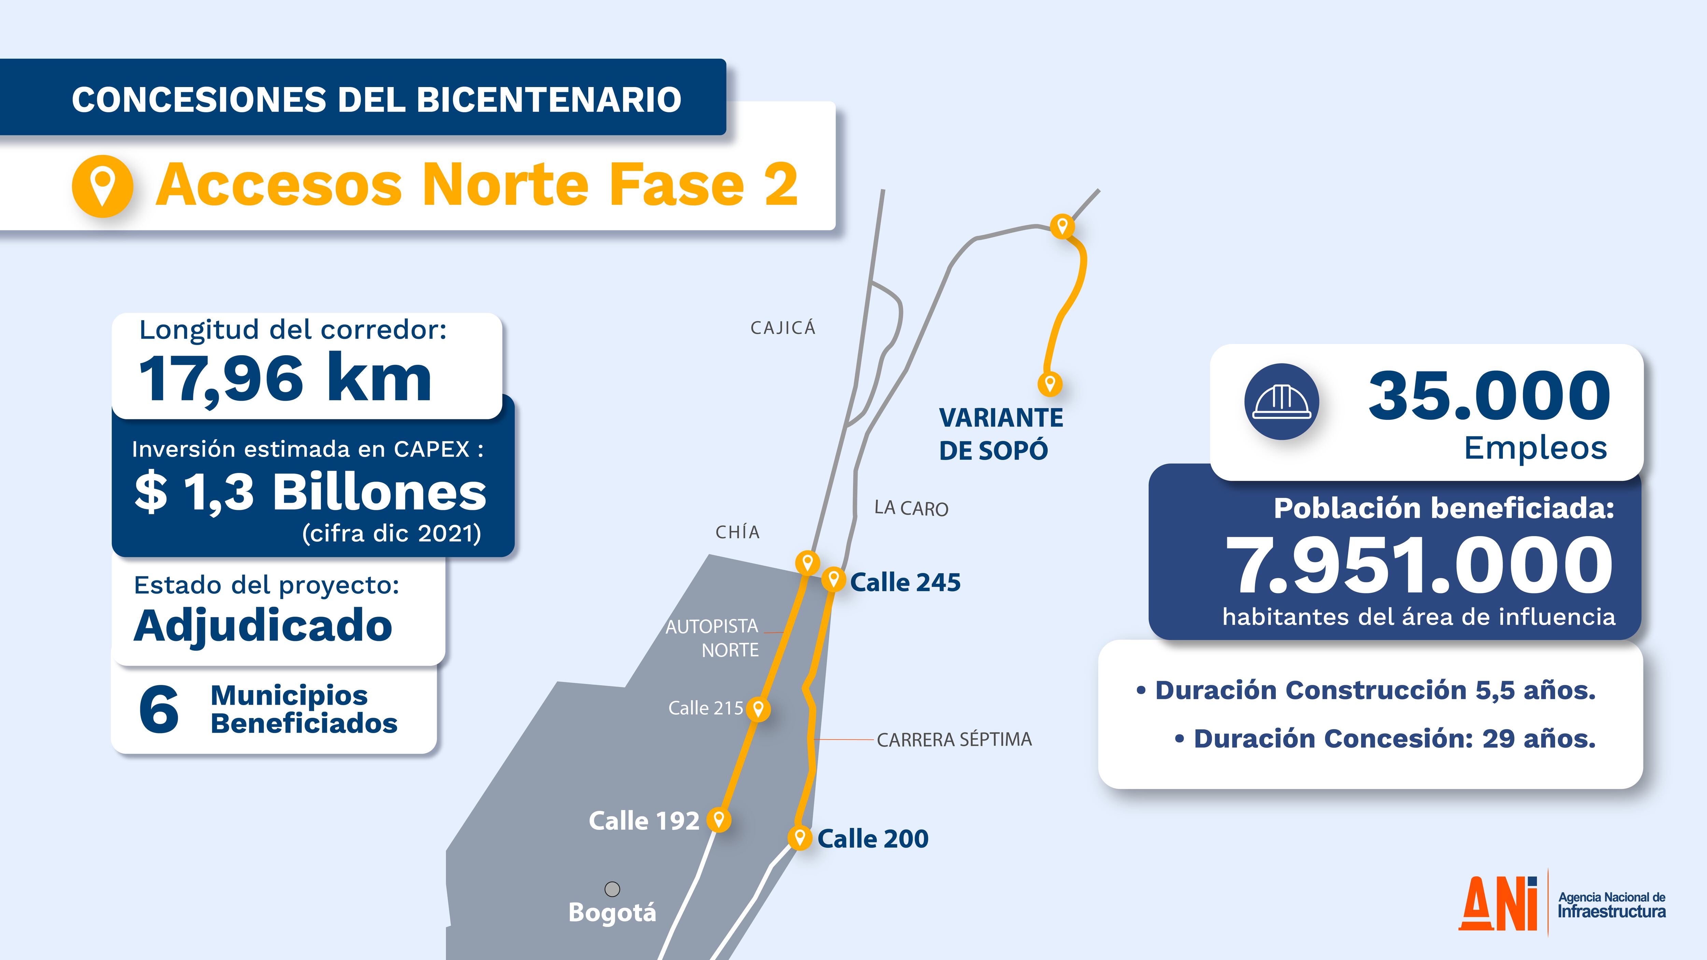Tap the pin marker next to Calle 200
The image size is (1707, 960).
click(x=800, y=837)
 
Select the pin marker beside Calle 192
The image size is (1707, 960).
click(x=718, y=819)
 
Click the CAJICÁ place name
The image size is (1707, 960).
click(x=782, y=328)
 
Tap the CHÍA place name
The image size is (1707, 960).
click(x=737, y=532)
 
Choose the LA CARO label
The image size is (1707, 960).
click(x=911, y=508)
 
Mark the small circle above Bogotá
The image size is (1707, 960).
click(x=612, y=888)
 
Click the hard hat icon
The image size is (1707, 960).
click(x=1282, y=401)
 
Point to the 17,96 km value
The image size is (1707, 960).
click(x=285, y=378)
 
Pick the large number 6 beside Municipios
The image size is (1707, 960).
click(x=159, y=710)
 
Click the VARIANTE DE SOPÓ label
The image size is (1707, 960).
click(x=1001, y=434)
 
